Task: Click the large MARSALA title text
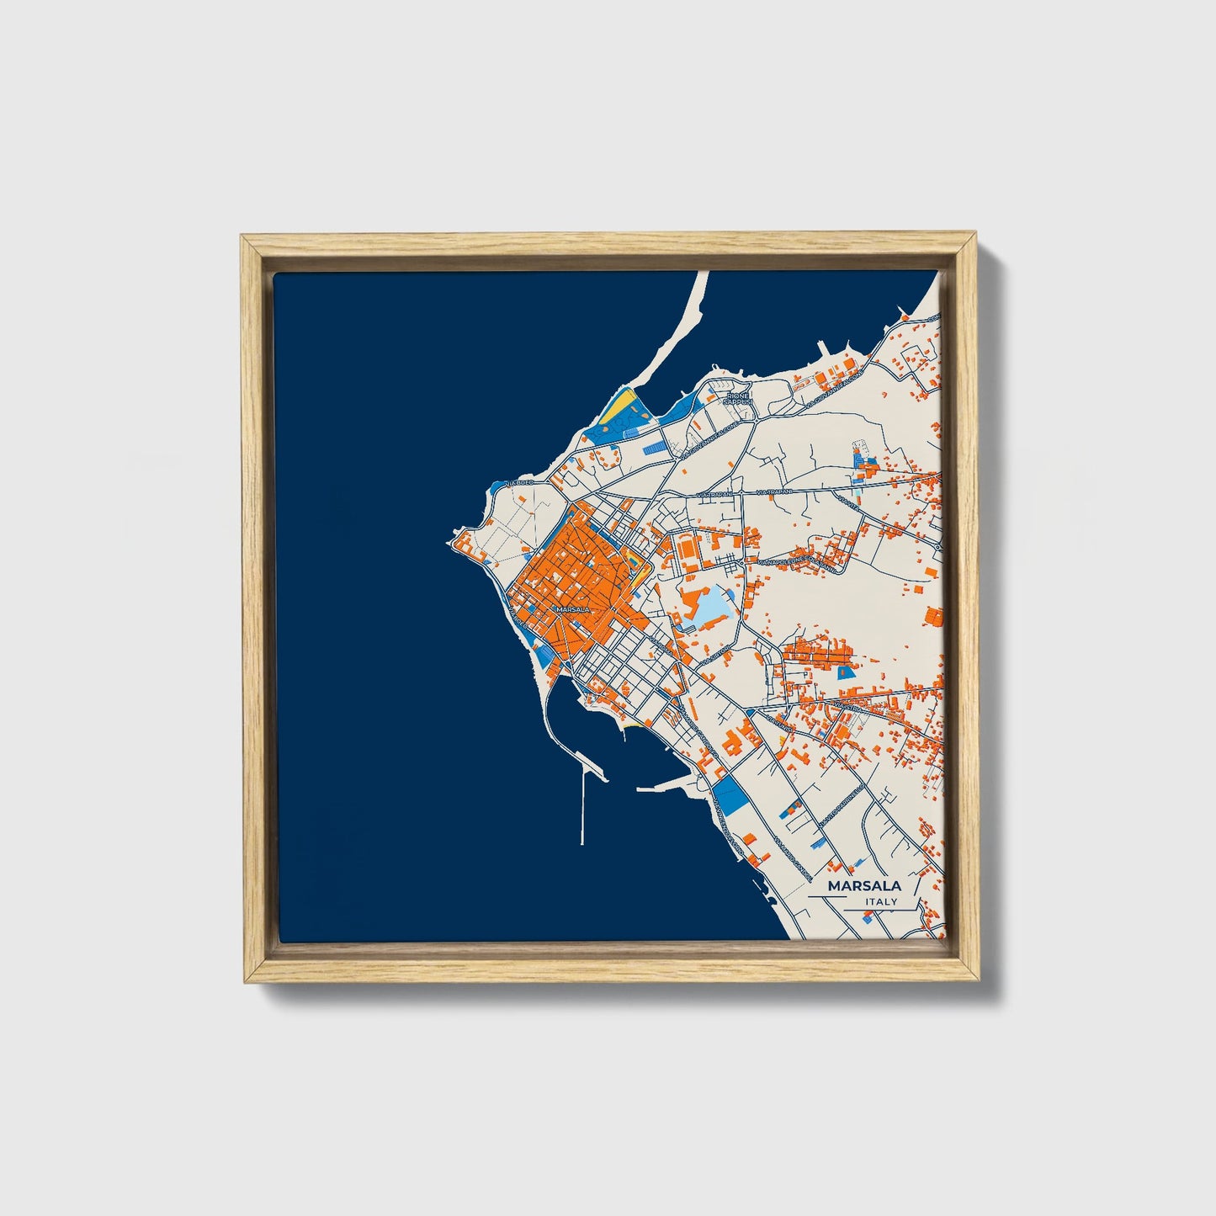point(864,885)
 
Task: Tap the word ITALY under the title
point(881,902)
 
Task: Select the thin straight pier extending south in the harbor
point(582,808)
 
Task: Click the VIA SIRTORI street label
point(720,652)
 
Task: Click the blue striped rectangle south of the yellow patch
point(652,450)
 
